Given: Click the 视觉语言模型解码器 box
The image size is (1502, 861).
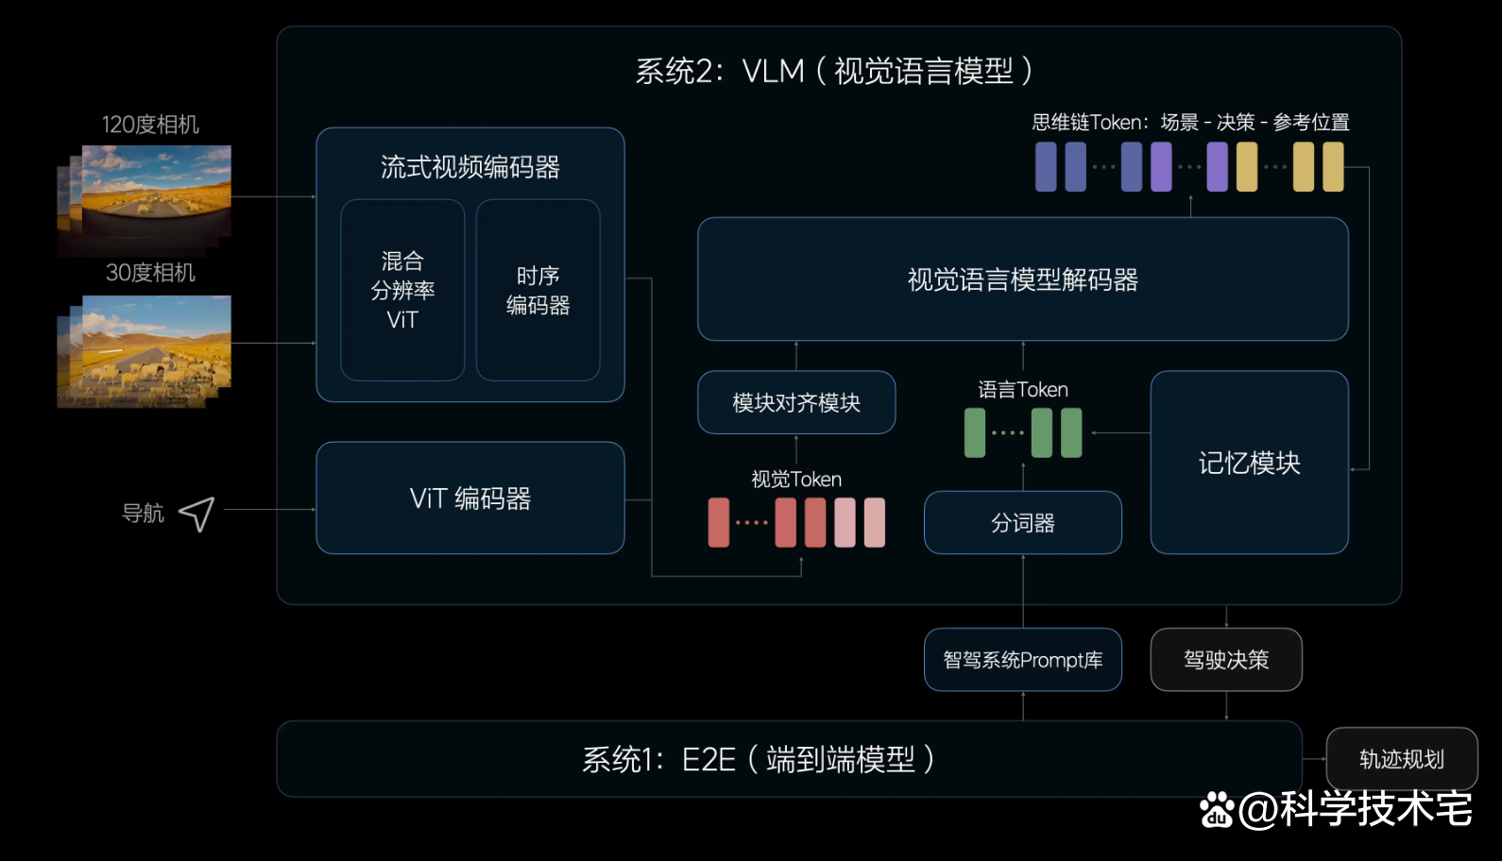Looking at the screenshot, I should click(1022, 279).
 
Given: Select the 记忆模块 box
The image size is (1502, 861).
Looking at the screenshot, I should click(1249, 463).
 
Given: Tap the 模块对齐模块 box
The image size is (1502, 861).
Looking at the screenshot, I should click(796, 403).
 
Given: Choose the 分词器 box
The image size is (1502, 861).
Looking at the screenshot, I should click(1022, 523).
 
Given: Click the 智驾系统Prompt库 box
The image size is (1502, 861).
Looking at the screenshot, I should click(1022, 660).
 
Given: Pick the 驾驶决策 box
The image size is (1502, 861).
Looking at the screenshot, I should click(1225, 660).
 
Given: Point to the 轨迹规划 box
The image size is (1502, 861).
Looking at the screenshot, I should click(1401, 759).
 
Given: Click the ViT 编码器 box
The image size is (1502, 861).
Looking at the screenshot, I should click(469, 498).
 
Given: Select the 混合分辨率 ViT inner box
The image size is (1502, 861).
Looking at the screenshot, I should click(402, 290).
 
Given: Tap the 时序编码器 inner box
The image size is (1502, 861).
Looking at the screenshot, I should click(538, 290).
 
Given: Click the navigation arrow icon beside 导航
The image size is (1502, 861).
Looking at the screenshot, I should click(196, 514).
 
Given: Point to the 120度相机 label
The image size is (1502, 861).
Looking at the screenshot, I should click(150, 125).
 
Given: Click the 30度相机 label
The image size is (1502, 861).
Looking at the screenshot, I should click(150, 273).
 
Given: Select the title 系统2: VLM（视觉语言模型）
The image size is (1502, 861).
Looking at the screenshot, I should click(833, 71).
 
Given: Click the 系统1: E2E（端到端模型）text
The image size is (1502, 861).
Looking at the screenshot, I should click(758, 759).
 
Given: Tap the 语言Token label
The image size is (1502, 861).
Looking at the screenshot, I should click(1022, 390).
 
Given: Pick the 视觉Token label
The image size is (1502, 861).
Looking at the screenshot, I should click(796, 480).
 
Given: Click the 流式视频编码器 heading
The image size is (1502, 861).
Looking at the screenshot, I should click(469, 168).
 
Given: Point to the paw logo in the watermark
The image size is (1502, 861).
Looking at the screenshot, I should click(1217, 810).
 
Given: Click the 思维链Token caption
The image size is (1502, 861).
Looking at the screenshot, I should click(1190, 123).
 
